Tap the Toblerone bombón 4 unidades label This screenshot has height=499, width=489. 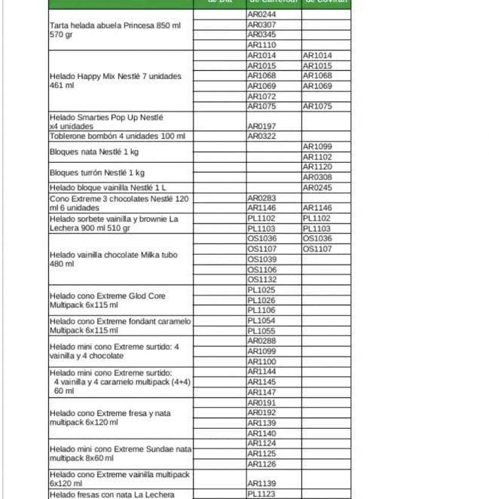(x=117, y=136)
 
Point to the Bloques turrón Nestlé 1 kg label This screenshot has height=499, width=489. (x=97, y=173)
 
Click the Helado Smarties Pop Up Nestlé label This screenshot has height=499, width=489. (x=106, y=122)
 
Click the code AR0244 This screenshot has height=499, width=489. (x=261, y=15)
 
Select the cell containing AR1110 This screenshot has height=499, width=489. (x=261, y=45)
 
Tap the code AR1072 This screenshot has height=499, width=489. (x=261, y=96)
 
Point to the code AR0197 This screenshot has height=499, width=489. (x=261, y=127)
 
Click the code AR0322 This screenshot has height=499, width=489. (x=261, y=136)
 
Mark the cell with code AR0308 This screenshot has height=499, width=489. (x=317, y=177)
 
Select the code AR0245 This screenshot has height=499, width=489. (x=317, y=188)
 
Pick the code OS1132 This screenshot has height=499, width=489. (x=261, y=280)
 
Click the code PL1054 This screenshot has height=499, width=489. (x=261, y=321)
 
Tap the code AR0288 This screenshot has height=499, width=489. (x=261, y=341)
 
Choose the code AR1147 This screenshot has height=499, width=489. (x=261, y=393)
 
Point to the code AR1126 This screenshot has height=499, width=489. (x=261, y=464)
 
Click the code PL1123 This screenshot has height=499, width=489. (x=261, y=494)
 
